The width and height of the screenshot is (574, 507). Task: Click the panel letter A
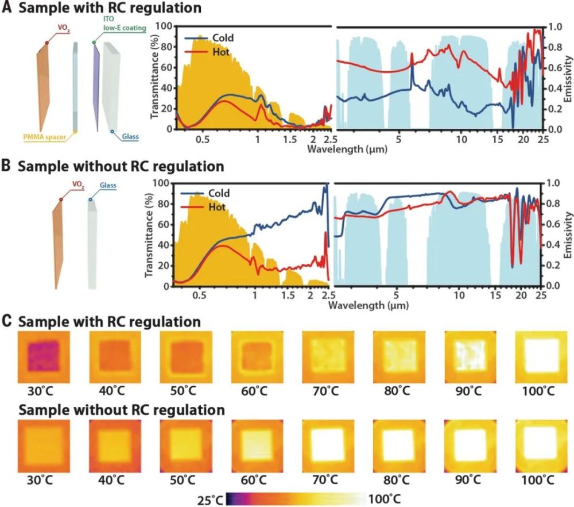click(7, 9)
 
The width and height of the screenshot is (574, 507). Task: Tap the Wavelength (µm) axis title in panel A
click(343, 149)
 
